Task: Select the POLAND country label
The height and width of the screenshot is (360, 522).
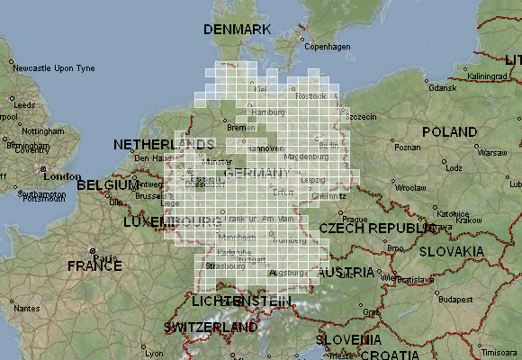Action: (449, 132)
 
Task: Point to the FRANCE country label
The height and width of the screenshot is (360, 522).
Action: (94, 266)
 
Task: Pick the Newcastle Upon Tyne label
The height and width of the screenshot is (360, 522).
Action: (54, 68)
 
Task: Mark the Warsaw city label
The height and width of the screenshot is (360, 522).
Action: (492, 152)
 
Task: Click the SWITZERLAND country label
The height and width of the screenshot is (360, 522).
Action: (211, 328)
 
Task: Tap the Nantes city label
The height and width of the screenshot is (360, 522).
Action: (27, 309)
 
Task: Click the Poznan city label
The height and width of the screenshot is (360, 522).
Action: (408, 147)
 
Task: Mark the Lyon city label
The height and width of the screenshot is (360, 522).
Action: (154, 353)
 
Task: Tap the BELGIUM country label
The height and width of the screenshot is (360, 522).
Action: (107, 185)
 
